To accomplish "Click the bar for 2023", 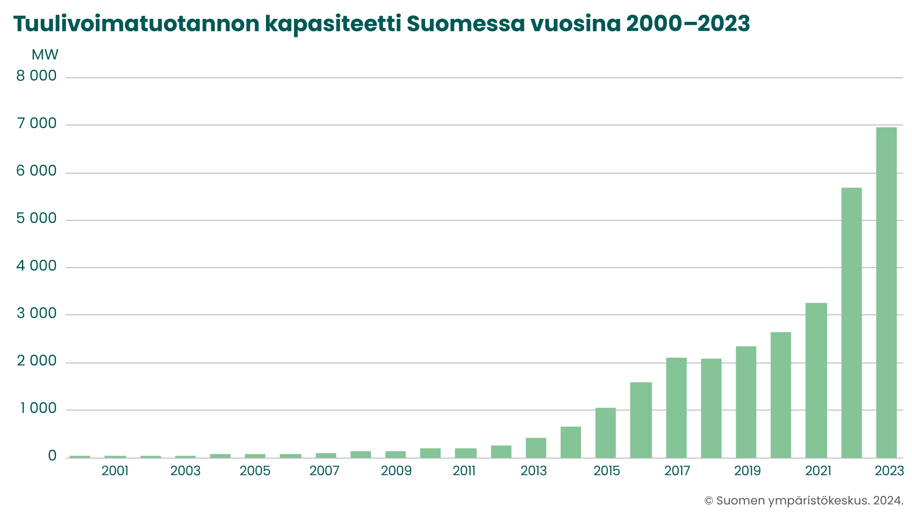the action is (x=886, y=292).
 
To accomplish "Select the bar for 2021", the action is (x=816, y=380).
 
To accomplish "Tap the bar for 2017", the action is (x=676, y=408).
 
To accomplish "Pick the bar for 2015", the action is (x=606, y=433).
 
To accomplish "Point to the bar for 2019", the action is (x=746, y=402).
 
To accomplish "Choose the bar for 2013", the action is (x=536, y=448).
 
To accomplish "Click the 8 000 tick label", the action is (x=37, y=76).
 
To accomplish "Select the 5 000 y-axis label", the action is (x=37, y=218).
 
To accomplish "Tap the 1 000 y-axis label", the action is (x=38, y=408).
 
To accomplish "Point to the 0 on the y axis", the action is (x=52, y=456).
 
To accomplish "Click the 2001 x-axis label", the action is (x=115, y=471).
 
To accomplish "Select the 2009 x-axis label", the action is (x=396, y=471).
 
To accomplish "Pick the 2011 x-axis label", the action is (x=464, y=471).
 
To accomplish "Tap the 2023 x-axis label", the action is (x=889, y=471).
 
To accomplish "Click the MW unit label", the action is (x=45, y=55).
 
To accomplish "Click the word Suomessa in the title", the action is (x=466, y=23).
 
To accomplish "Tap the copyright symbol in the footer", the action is (x=709, y=501).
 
